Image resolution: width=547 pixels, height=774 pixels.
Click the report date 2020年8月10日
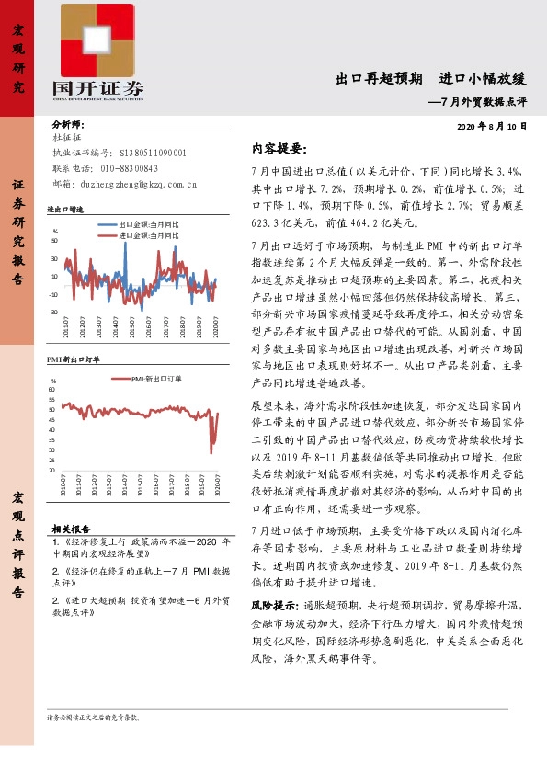[x=492, y=125]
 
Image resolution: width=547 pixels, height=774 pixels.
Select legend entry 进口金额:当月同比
[x=148, y=235]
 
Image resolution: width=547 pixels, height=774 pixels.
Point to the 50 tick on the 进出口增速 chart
[x=54, y=241]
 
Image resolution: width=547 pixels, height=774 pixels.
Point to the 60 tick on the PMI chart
[x=52, y=390]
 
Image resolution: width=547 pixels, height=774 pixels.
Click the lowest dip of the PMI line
[x=213, y=452]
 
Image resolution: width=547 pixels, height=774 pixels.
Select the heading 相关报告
[x=71, y=529]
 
